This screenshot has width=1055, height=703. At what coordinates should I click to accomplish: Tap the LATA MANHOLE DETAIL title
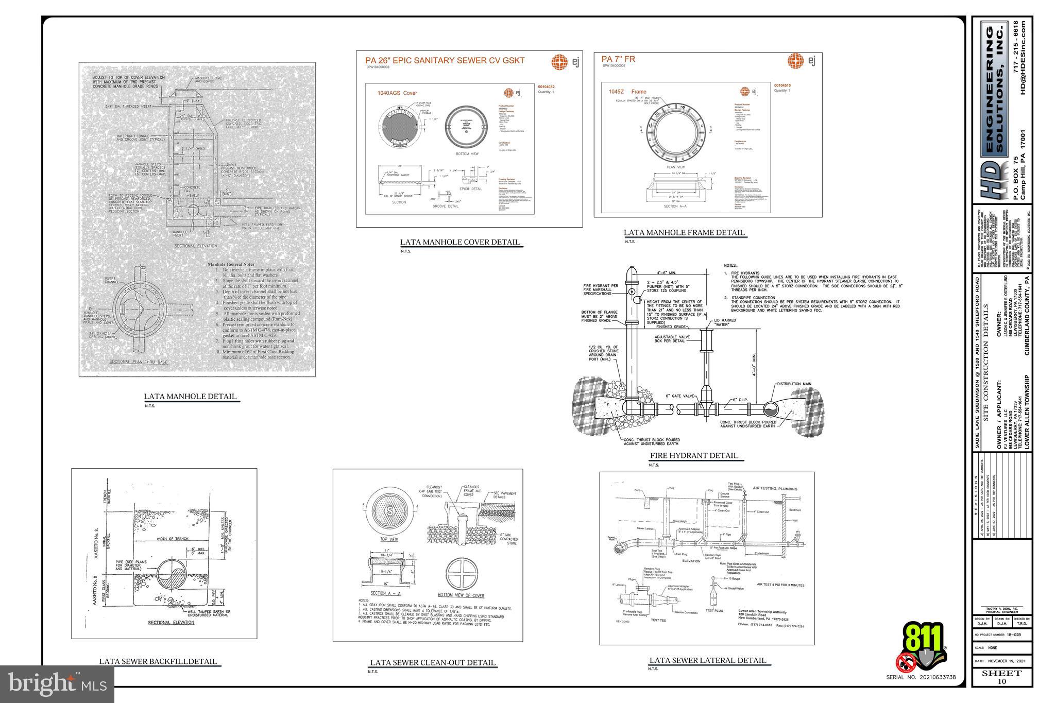(190, 396)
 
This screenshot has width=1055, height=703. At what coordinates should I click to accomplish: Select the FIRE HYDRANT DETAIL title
(693, 455)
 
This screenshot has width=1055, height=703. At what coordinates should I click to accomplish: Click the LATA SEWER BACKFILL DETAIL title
(158, 661)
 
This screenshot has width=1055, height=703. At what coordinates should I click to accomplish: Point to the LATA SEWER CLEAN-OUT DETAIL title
(433, 662)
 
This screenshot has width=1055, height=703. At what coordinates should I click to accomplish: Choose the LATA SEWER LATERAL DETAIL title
(707, 660)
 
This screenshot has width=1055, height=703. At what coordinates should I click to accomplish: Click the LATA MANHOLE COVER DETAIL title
(460, 242)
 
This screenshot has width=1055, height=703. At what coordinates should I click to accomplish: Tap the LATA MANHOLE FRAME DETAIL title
(684, 232)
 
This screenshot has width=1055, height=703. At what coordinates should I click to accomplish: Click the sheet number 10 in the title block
(1001, 681)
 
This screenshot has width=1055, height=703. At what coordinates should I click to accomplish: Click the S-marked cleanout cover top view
(389, 512)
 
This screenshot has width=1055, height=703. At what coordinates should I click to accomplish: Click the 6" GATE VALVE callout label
(680, 396)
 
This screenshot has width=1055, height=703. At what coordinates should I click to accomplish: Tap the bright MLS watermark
(57, 684)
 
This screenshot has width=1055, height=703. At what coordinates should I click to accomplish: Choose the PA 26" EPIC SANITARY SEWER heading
(445, 60)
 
